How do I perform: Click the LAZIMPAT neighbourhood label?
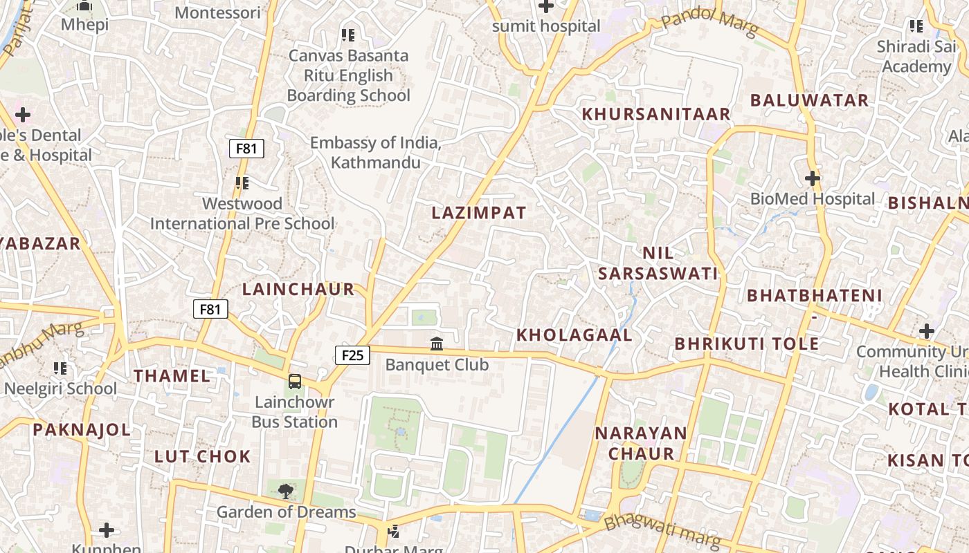(479, 213)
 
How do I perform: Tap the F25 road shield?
(352, 355)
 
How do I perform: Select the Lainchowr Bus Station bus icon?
(295, 381)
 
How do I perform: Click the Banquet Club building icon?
(437, 344)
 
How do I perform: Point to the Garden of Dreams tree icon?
(285, 491)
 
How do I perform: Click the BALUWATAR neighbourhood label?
(809, 100)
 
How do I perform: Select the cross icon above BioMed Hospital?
(813, 179)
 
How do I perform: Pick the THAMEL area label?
(172, 376)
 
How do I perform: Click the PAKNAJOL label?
(82, 430)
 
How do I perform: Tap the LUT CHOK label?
(202, 456)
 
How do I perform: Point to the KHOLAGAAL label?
(574, 335)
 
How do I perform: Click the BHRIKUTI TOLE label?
(747, 344)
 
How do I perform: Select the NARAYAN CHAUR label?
(642, 443)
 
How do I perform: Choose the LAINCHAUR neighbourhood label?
(298, 290)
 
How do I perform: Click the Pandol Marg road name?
(709, 24)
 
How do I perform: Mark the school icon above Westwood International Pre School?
(242, 183)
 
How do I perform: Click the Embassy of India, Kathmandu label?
(376, 153)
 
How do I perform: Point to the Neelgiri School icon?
(60, 368)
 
